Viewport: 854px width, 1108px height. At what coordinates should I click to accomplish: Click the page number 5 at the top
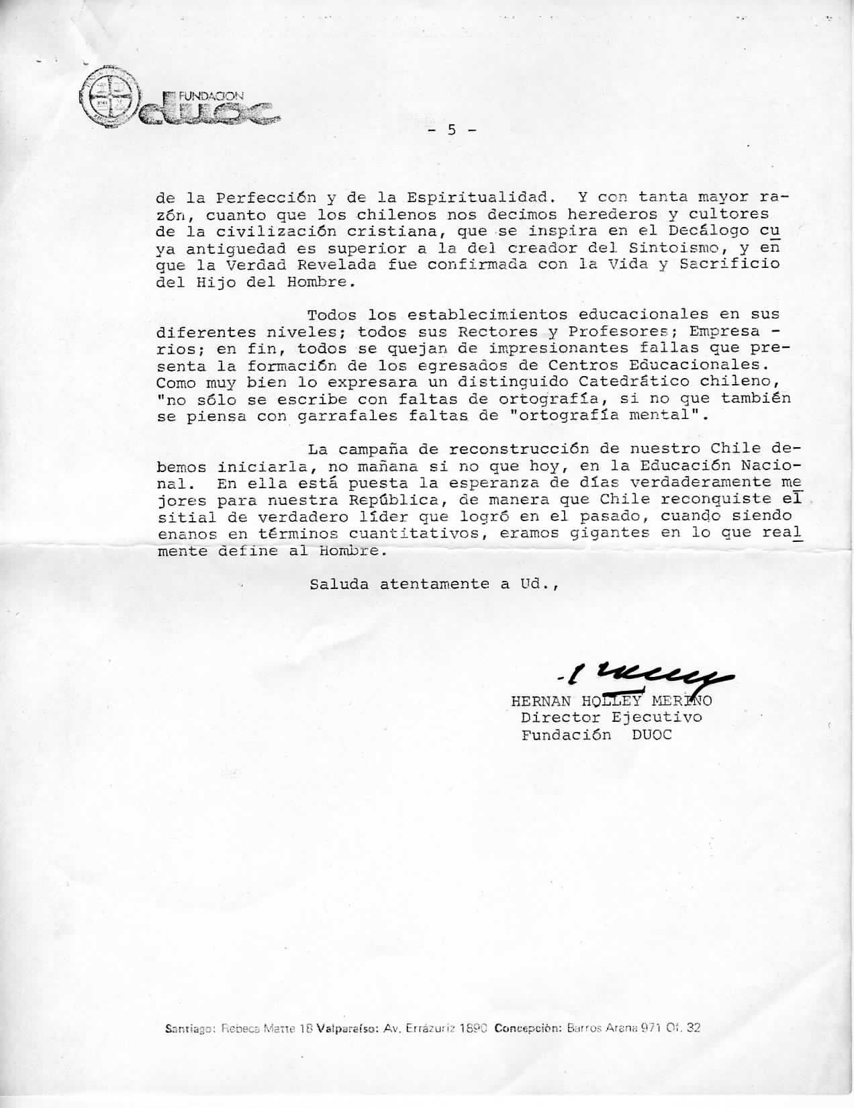point(452,130)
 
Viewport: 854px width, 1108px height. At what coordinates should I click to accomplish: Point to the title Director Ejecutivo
point(611,717)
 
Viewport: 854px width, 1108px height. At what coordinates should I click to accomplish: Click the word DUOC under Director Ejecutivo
point(651,734)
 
